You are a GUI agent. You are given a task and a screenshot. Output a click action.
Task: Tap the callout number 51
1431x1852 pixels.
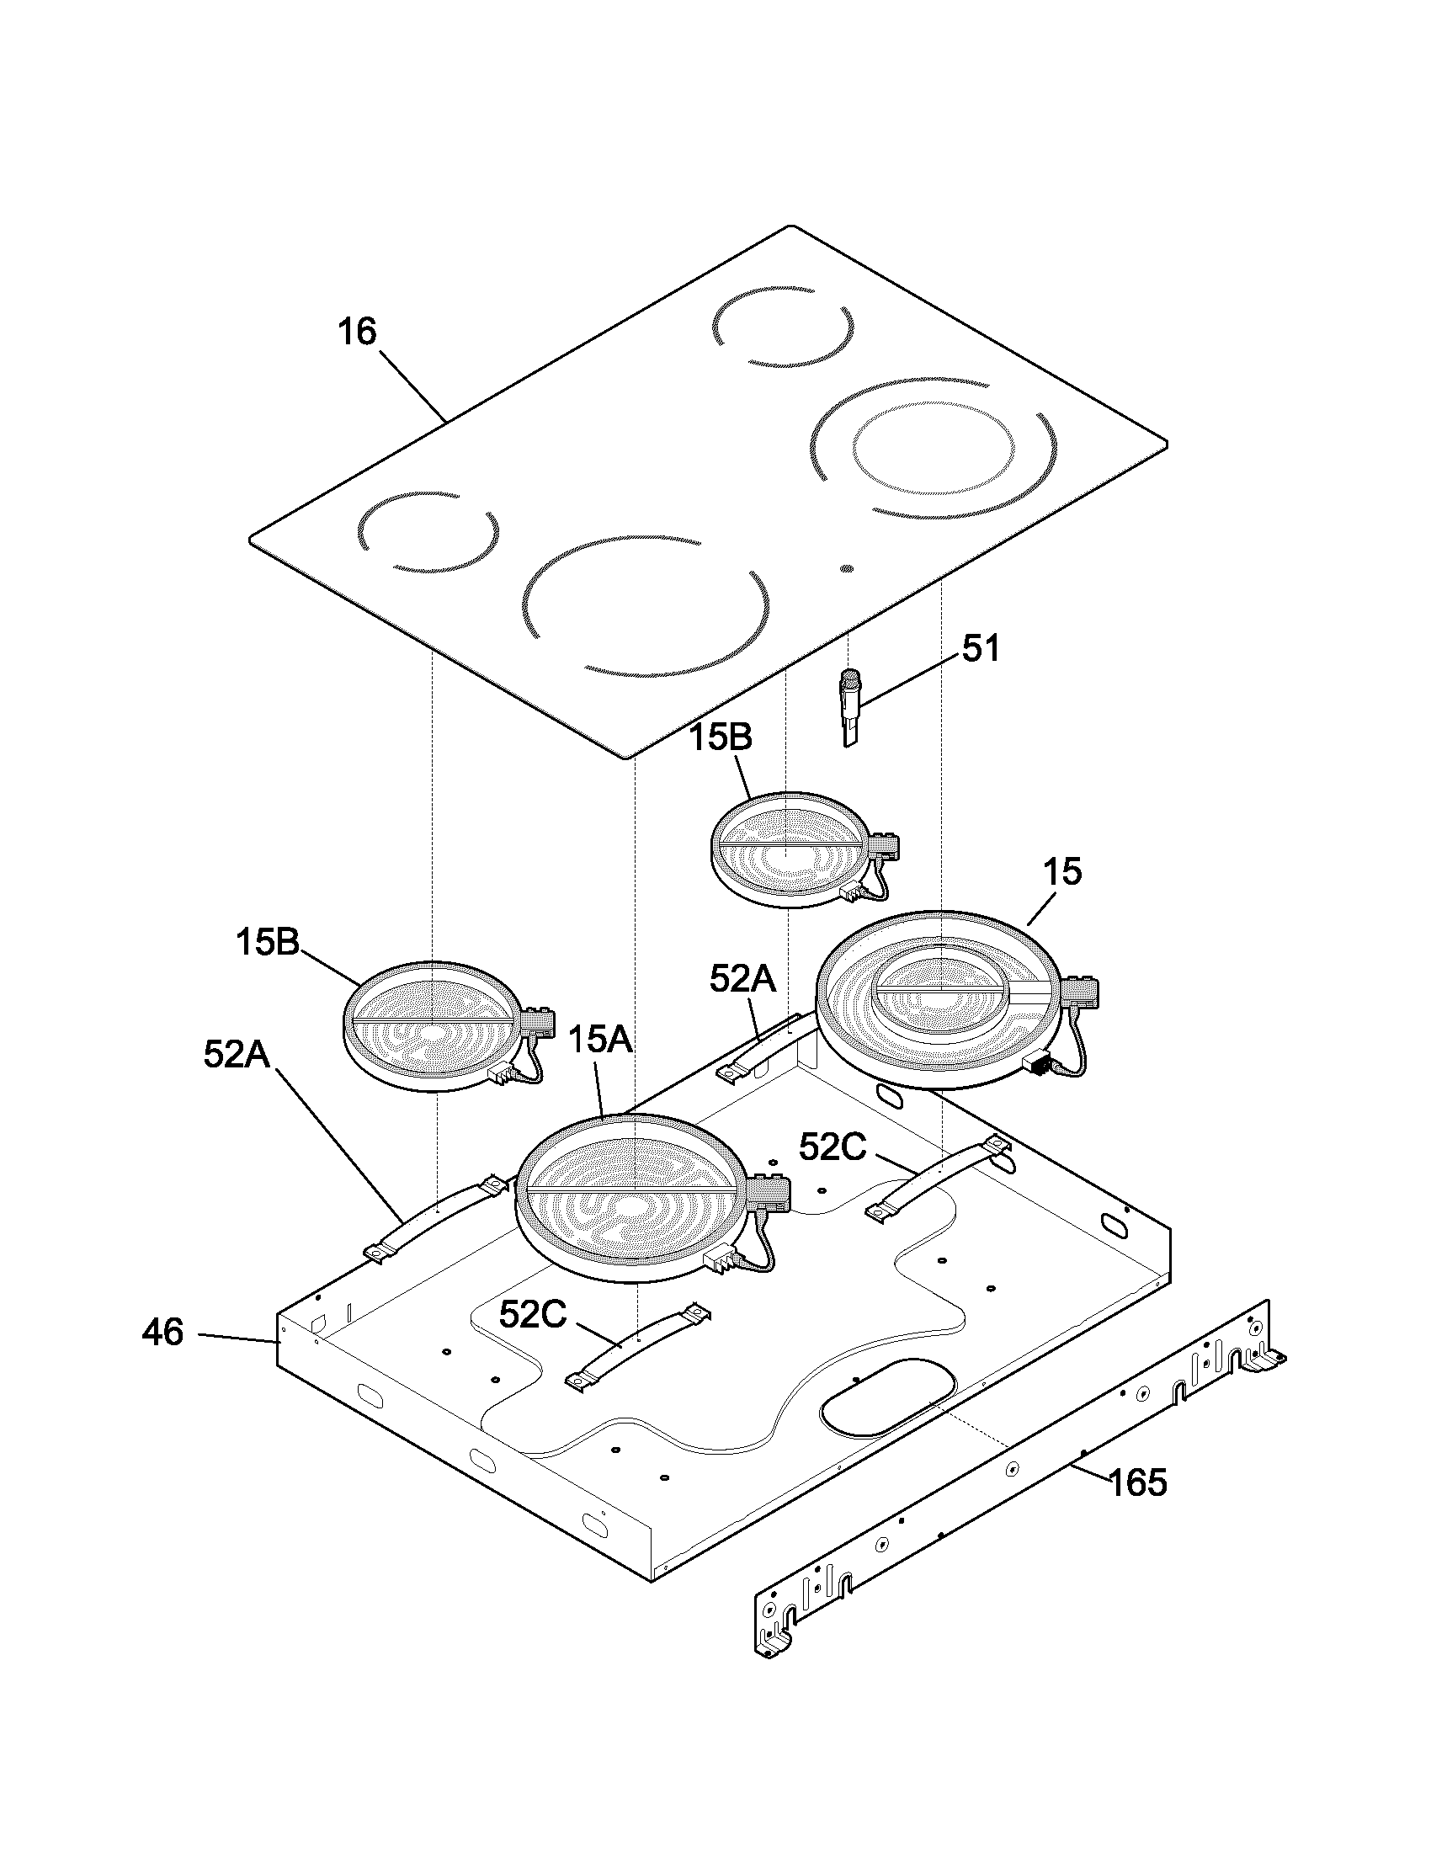click(980, 650)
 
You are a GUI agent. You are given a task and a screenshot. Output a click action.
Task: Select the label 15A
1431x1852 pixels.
click(600, 1040)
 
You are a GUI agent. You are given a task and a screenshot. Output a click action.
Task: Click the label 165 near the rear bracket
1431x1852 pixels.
click(1138, 1483)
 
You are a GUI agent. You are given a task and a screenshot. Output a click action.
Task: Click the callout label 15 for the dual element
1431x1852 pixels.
click(1063, 873)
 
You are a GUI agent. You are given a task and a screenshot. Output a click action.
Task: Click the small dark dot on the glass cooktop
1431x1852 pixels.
click(846, 569)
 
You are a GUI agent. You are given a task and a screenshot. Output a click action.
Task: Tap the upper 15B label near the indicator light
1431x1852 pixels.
click(720, 737)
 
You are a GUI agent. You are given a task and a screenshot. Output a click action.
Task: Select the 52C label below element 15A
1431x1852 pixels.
click(532, 1314)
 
